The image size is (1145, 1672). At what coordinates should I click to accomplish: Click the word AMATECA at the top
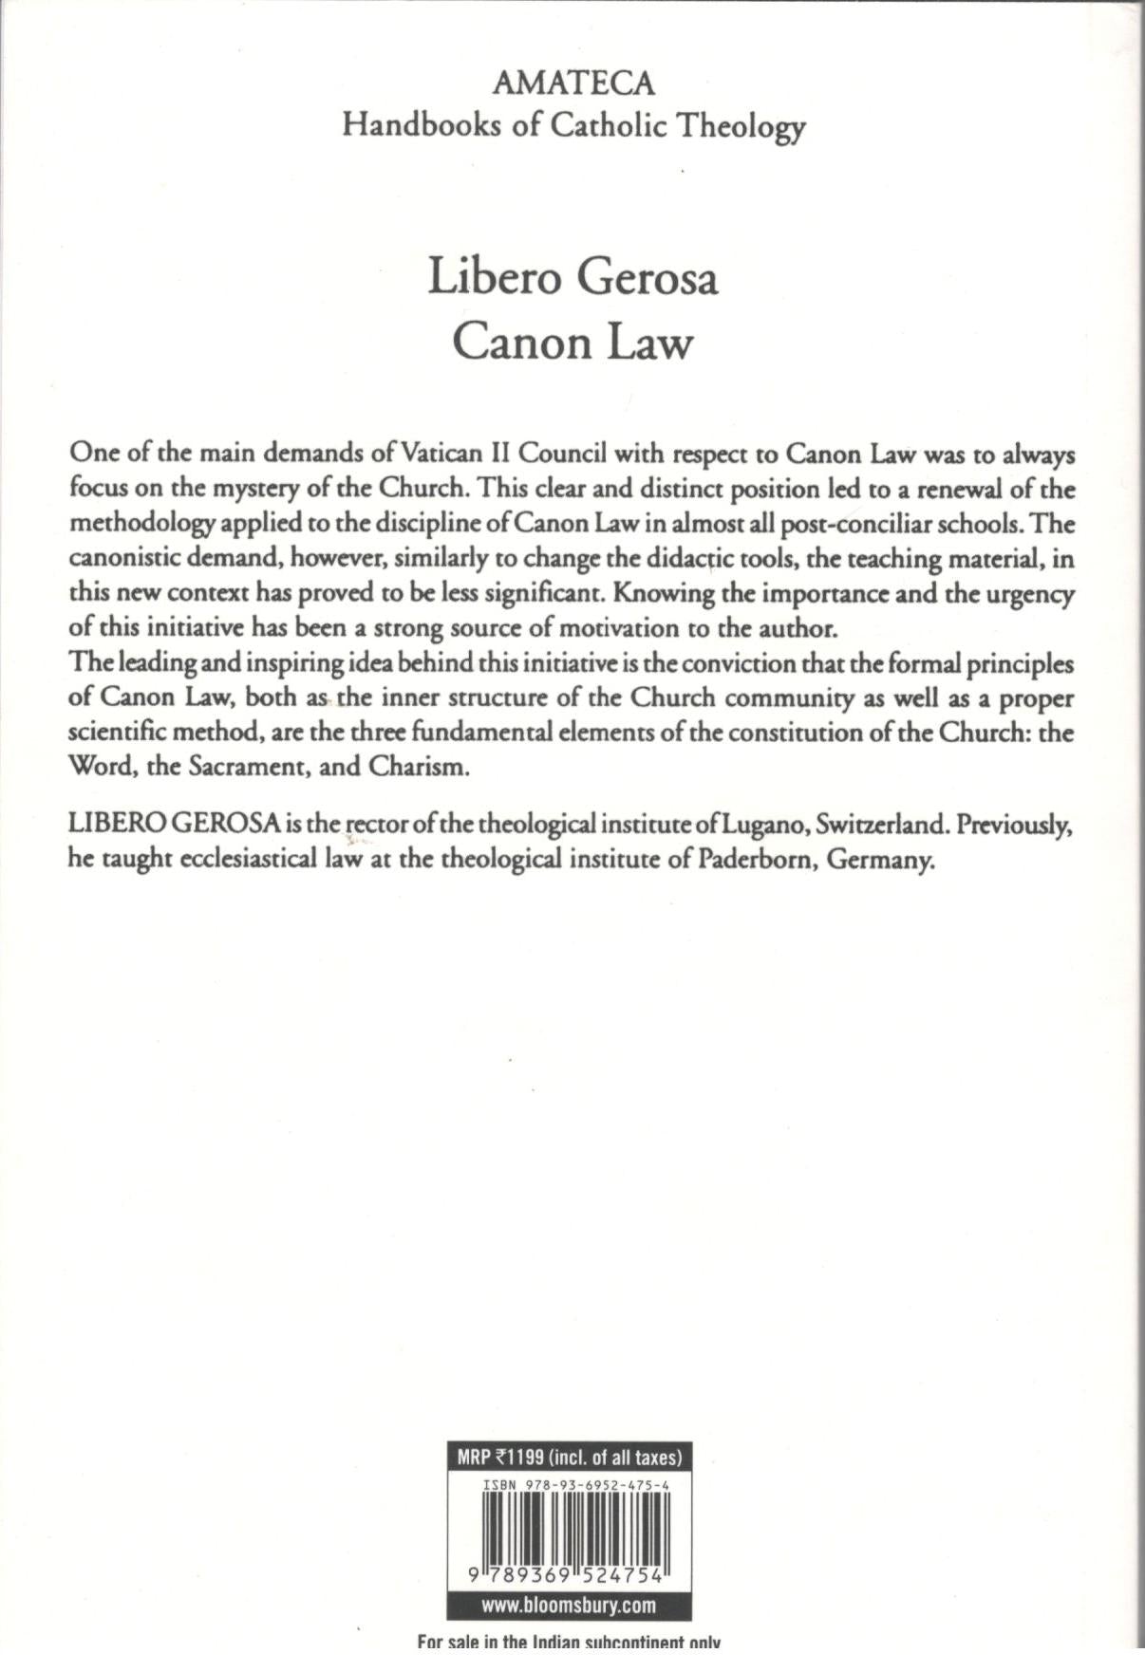point(572,84)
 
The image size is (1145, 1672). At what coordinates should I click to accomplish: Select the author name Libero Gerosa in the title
point(572,277)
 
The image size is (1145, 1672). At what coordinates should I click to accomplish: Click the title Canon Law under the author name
point(572,343)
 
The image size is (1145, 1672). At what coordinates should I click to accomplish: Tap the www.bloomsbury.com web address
point(569,1607)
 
